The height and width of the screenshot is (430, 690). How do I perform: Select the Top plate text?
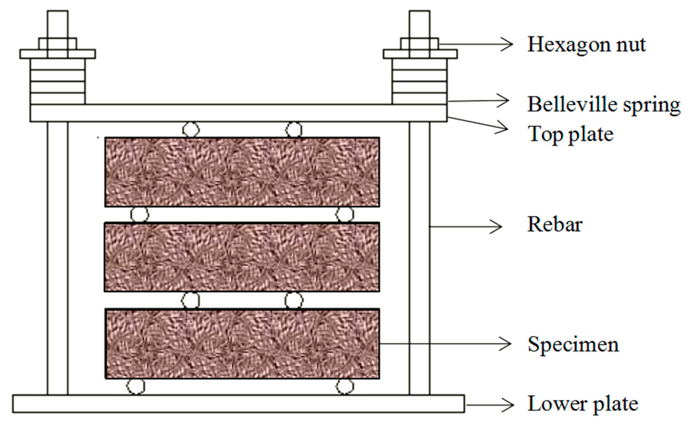(x=570, y=134)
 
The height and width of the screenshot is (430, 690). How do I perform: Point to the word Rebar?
(x=555, y=224)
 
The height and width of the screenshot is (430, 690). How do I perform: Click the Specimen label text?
(x=573, y=345)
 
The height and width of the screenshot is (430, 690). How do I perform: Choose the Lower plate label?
(x=583, y=404)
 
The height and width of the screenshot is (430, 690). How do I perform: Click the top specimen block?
(x=242, y=172)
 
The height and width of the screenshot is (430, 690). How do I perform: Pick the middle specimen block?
(x=242, y=257)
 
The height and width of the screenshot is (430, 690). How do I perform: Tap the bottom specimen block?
(x=242, y=344)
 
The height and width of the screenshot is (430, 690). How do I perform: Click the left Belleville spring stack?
(x=58, y=82)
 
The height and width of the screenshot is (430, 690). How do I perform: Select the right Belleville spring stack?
(x=419, y=82)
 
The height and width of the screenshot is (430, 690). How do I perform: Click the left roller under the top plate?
(x=191, y=130)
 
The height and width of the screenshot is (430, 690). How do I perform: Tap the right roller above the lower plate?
(x=344, y=386)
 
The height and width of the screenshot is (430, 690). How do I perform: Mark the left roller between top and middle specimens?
(x=139, y=214)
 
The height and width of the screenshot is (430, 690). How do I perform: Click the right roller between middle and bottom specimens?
(x=294, y=300)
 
